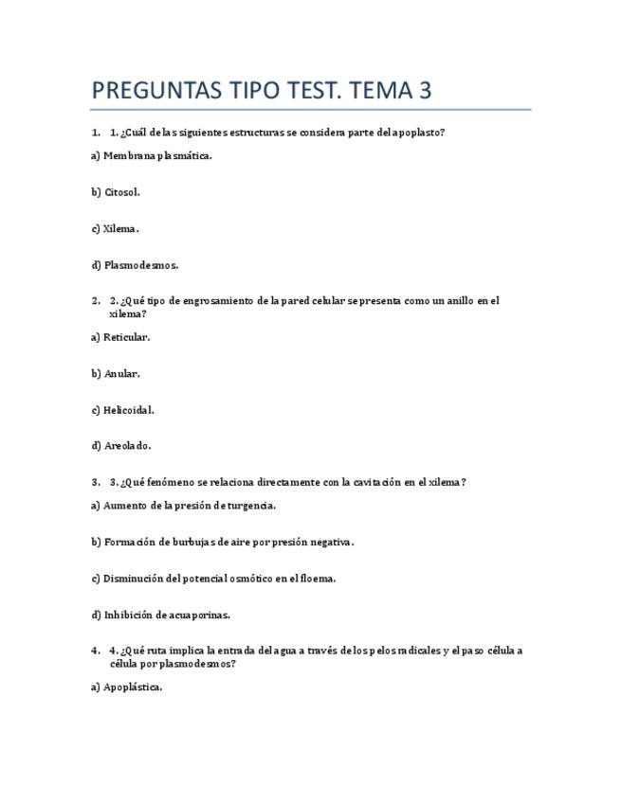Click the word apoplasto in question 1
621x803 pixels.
point(416,133)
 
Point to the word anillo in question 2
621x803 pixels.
point(459,301)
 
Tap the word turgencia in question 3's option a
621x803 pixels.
point(250,506)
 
